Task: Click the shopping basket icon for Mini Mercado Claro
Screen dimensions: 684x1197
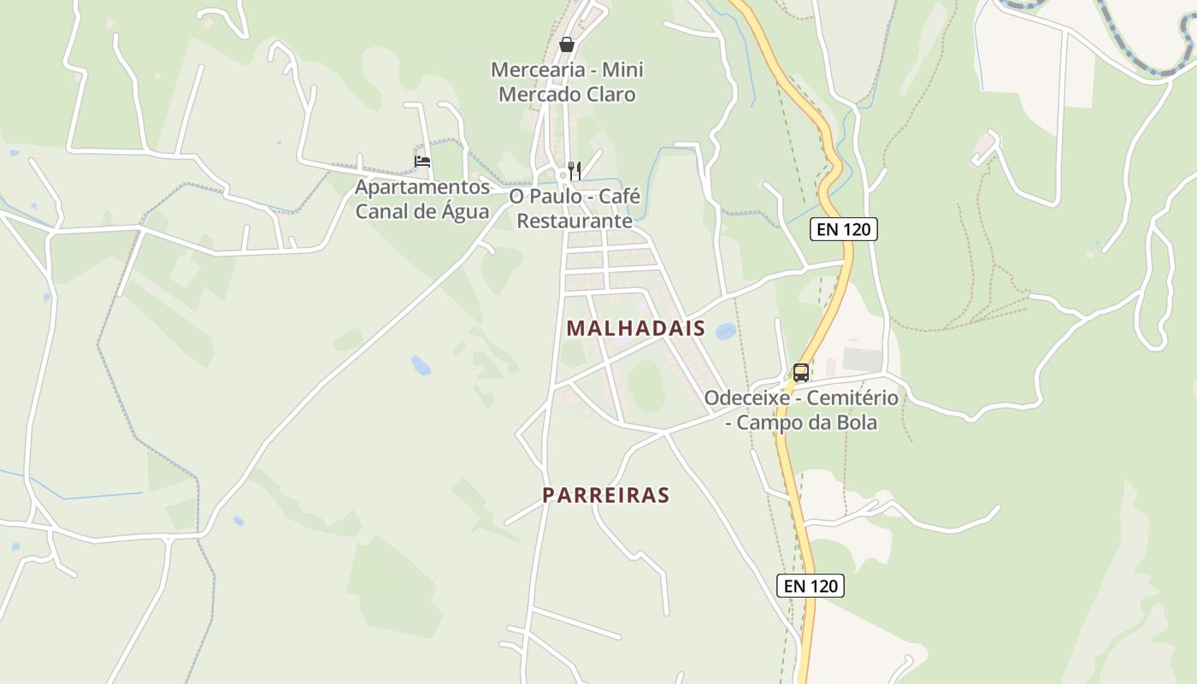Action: (x=566, y=44)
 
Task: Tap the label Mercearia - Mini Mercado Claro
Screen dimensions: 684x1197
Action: (x=567, y=82)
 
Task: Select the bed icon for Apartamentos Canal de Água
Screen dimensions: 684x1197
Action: (x=422, y=161)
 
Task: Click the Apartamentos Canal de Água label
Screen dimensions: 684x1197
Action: (x=422, y=199)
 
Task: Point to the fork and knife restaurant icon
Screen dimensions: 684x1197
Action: (x=575, y=170)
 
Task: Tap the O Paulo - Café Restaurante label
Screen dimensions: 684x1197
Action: (x=575, y=209)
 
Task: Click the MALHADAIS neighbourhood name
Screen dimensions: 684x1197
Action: (x=635, y=328)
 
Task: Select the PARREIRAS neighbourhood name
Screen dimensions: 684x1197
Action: (x=605, y=495)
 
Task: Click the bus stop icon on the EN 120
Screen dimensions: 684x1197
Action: (x=800, y=373)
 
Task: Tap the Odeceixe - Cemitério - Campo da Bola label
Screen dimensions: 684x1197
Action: (x=801, y=410)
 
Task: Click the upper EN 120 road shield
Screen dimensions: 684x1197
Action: (x=844, y=229)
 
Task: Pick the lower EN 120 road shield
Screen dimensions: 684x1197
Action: (x=811, y=586)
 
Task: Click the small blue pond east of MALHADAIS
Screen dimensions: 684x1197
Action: (x=725, y=331)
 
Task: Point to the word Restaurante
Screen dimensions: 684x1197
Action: (x=575, y=221)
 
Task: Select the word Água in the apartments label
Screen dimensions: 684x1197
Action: (x=462, y=212)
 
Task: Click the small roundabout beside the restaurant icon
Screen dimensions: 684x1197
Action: (x=563, y=175)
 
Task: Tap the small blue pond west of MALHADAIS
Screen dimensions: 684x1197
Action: (x=420, y=365)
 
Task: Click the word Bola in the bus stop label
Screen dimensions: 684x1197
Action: (x=857, y=422)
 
